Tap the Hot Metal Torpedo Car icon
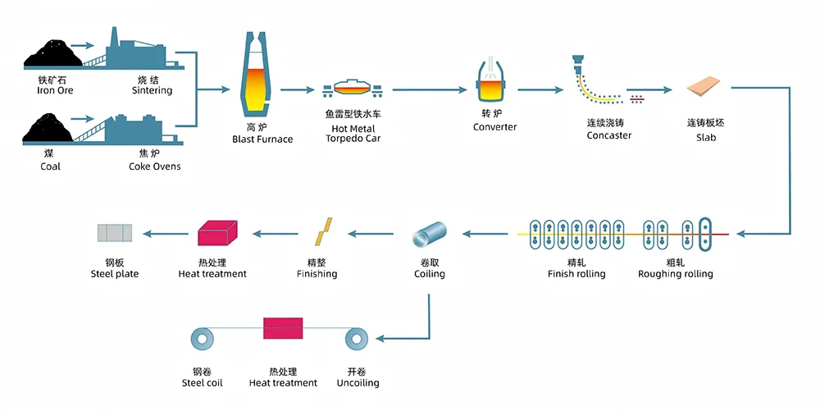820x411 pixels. click(353, 89)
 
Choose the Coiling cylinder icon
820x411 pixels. click(429, 235)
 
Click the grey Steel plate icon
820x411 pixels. click(114, 233)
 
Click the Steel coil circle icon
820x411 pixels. click(201, 337)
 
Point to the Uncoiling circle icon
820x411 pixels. click(357, 337)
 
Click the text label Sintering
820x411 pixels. click(153, 90)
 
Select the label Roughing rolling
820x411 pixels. click(676, 274)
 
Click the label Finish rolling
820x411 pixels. click(576, 274)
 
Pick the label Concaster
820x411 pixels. click(609, 135)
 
